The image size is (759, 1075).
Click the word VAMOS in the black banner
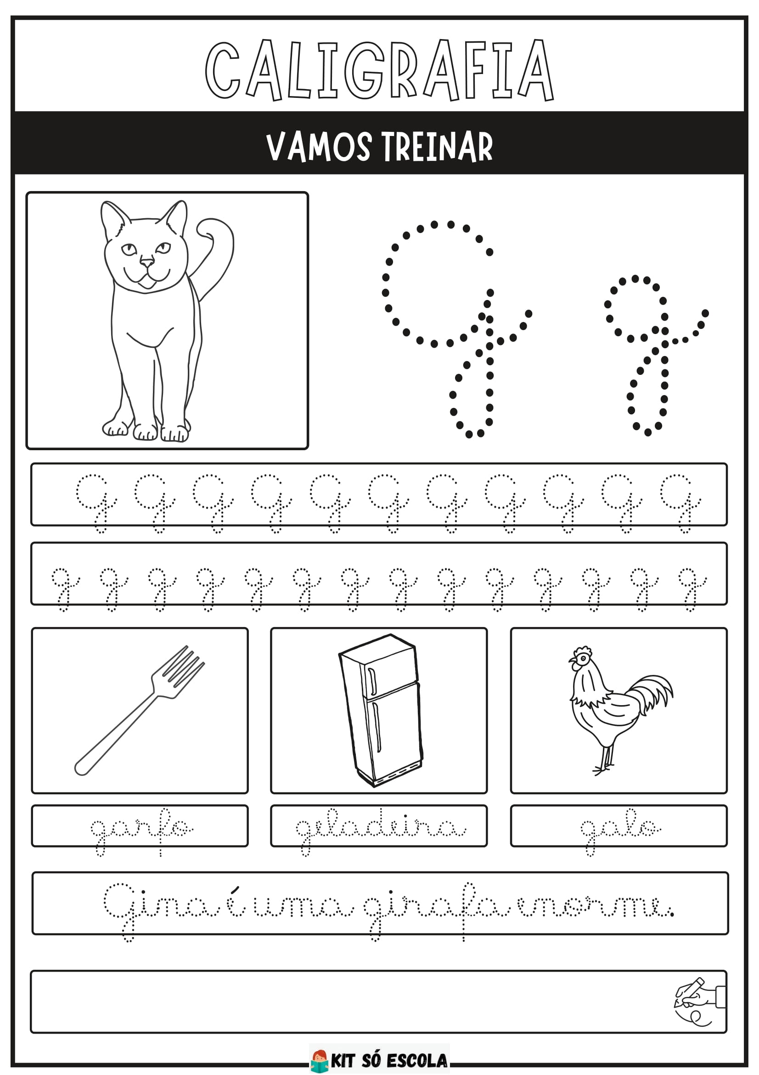(x=319, y=147)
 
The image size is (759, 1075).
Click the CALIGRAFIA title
(x=379, y=70)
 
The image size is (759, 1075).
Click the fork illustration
(x=140, y=710)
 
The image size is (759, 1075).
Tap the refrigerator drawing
(x=380, y=710)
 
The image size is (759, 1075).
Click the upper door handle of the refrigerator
(x=372, y=682)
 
